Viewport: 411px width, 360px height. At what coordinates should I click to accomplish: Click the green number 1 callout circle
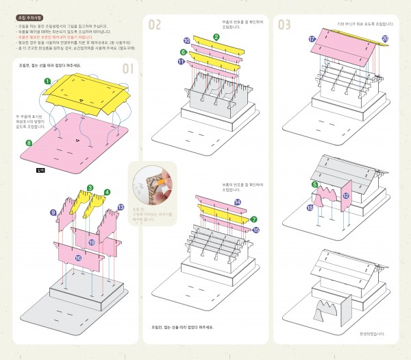[x=47, y=81]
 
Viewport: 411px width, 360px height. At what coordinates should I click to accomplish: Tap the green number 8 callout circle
[x=28, y=143]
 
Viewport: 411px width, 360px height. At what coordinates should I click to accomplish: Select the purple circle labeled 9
[x=53, y=213]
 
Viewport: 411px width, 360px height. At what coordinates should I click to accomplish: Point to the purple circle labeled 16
[x=78, y=258]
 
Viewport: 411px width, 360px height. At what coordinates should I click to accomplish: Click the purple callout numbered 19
[x=92, y=242]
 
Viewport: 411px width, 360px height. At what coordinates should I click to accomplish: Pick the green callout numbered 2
[x=216, y=36]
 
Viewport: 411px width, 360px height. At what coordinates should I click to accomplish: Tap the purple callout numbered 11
[x=181, y=62]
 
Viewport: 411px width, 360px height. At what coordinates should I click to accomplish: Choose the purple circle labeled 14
[x=237, y=202]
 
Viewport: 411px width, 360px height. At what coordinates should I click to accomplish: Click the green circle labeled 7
[x=253, y=219]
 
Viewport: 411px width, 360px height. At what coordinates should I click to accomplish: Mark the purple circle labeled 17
[x=312, y=39]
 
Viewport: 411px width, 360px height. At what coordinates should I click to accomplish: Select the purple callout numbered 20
[x=384, y=38]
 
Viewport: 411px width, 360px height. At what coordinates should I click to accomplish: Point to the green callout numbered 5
[x=314, y=184]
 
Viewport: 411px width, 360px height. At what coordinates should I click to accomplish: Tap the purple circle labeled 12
[x=346, y=195]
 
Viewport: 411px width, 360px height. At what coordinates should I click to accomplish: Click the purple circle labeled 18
[x=310, y=207]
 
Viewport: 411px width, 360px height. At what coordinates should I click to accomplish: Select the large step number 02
[x=155, y=25]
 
